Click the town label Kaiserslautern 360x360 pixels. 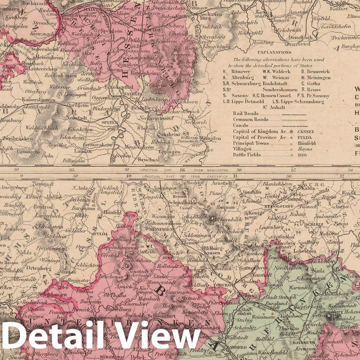pyautogui.click(x=20, y=100)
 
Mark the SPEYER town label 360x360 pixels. pyautogui.click(x=107, y=123)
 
